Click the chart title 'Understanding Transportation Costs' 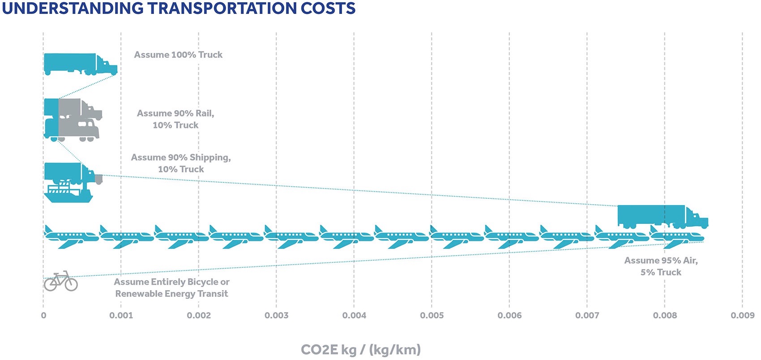[x=178, y=8]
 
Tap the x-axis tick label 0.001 [x=121, y=316]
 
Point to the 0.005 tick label [x=432, y=316]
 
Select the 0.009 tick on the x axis [x=742, y=316]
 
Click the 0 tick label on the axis [x=43, y=316]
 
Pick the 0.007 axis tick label [x=587, y=316]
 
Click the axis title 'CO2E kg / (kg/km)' [x=361, y=349]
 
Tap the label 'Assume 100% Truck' [x=178, y=55]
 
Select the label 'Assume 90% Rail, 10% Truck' [x=175, y=119]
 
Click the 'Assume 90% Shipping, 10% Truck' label [x=181, y=163]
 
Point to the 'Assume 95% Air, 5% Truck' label [x=661, y=266]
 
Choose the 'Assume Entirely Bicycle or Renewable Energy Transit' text [x=171, y=287]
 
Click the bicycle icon [x=60, y=281]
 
